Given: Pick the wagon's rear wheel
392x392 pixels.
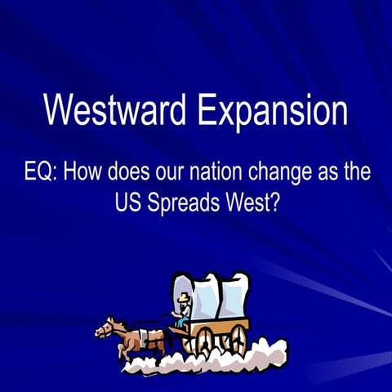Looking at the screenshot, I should (238, 337).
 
